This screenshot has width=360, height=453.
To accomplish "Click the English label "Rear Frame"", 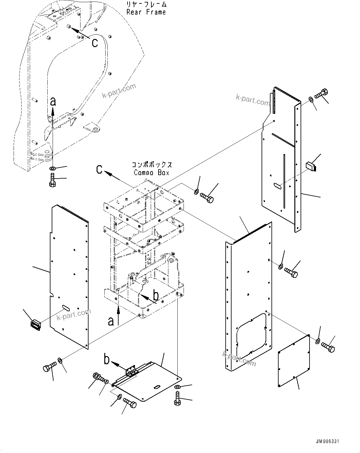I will coord(146,12).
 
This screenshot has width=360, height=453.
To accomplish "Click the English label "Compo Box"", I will coord(151,172).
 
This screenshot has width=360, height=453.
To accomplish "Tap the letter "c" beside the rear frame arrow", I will coord(95,42).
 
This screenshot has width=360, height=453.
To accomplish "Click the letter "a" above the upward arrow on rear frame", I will coord(53,101).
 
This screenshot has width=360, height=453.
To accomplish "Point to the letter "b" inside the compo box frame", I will coord(156,296).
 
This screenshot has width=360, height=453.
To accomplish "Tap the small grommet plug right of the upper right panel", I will coord(310,166).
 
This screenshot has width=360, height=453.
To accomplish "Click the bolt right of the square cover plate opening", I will coord(328,347).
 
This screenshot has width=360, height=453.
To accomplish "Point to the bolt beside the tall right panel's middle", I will coord(291,272).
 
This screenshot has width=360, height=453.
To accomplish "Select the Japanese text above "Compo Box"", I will coord(152,165).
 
